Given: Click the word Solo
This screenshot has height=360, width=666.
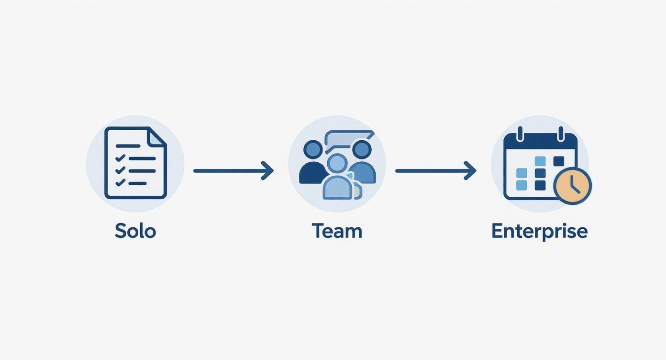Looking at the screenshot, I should click(x=135, y=231).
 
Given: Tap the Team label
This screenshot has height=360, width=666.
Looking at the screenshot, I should click(x=337, y=231).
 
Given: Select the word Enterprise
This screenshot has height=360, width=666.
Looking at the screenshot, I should click(x=539, y=231).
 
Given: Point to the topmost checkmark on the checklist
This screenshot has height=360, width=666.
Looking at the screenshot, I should click(x=121, y=158).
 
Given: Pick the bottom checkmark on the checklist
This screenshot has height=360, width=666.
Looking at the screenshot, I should click(x=121, y=182).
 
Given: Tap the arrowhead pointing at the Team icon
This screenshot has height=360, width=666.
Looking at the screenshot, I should click(x=268, y=170).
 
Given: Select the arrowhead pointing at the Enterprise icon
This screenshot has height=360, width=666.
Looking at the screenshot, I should click(x=470, y=170).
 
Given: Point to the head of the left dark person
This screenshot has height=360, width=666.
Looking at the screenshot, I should click(x=313, y=149).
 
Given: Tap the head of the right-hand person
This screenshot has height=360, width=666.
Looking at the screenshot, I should click(x=361, y=149).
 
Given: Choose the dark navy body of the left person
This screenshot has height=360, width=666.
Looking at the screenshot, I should click(x=311, y=173).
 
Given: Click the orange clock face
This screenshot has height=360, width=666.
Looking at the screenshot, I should click(x=573, y=186).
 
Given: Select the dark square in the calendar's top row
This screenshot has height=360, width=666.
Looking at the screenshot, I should click(x=558, y=161).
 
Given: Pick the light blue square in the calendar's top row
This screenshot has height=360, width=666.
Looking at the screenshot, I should click(x=540, y=161).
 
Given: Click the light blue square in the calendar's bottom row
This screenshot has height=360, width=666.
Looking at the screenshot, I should click(x=522, y=185).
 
